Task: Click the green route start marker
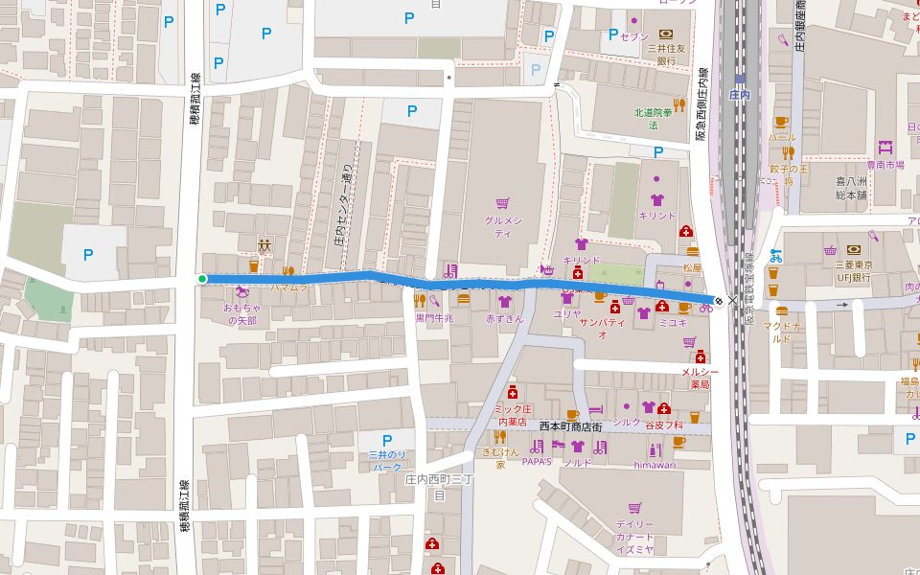[x=202, y=279]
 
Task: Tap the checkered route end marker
[x=719, y=300]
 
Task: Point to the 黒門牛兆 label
[x=433, y=318]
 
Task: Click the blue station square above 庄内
[x=739, y=80]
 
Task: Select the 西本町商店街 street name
[x=570, y=425]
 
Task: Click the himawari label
[x=655, y=465]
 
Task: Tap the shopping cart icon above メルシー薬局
[x=689, y=341]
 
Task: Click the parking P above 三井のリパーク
[x=387, y=440]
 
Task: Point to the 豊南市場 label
[x=885, y=165]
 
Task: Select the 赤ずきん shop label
[x=505, y=318]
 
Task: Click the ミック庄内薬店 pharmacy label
[x=513, y=415]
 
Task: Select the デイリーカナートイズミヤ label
[x=634, y=537]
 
